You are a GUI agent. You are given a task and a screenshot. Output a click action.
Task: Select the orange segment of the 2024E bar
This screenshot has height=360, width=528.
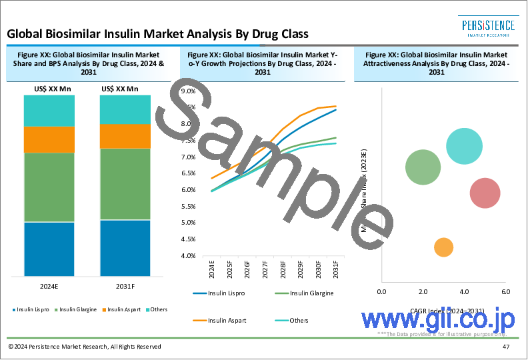click(49, 139)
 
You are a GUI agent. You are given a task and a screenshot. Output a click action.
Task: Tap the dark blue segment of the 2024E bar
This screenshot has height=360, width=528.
click(49, 249)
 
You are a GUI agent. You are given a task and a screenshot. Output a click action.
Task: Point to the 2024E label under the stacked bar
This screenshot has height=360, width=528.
click(49, 287)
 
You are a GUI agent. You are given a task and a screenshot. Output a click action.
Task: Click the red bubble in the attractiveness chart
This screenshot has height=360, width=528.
click(485, 193)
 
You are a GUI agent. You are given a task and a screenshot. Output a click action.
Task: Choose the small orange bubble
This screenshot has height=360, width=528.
click(443, 247)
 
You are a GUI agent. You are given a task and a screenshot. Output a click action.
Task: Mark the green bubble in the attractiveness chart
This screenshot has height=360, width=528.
click(423, 167)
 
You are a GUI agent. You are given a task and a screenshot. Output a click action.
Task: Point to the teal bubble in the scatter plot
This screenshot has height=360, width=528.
click(464, 146)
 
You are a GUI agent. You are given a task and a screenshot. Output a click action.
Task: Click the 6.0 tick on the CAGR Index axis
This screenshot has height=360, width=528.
click(505, 292)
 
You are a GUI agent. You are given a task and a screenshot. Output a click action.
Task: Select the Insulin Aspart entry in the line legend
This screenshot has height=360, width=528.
click(227, 321)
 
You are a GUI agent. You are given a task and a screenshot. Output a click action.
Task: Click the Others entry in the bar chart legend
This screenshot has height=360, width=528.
click(159, 309)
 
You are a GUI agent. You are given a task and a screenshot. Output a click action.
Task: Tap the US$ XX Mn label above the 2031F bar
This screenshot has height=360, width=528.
click(120, 89)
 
